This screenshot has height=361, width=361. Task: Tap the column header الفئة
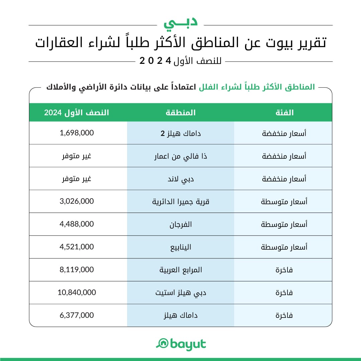pyautogui.click(x=283, y=113)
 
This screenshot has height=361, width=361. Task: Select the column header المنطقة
pyautogui.click(x=180, y=113)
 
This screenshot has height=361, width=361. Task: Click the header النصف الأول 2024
pyautogui.click(x=77, y=113)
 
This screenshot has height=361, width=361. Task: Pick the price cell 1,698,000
pyautogui.click(x=77, y=133)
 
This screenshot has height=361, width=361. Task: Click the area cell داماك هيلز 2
pyautogui.click(x=180, y=133)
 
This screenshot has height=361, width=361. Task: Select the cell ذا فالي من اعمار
pyautogui.click(x=180, y=156)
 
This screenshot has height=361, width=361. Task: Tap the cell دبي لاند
pyautogui.click(x=180, y=178)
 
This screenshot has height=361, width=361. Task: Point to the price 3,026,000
pyautogui.click(x=77, y=201)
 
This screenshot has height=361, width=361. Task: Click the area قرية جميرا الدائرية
pyautogui.click(x=180, y=202)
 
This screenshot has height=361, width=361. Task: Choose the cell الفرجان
pyautogui.click(x=180, y=224)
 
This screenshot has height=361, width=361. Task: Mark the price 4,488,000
pyautogui.click(x=77, y=224)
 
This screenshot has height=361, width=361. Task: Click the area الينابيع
pyautogui.click(x=180, y=247)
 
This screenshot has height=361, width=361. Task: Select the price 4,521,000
pyautogui.click(x=77, y=247)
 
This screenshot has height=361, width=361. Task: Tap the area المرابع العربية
pyautogui.click(x=180, y=270)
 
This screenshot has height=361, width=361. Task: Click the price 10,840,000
pyautogui.click(x=77, y=292)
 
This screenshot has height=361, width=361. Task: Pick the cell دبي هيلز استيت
pyautogui.click(x=180, y=292)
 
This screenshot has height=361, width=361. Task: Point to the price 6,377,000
pyautogui.click(x=77, y=315)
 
